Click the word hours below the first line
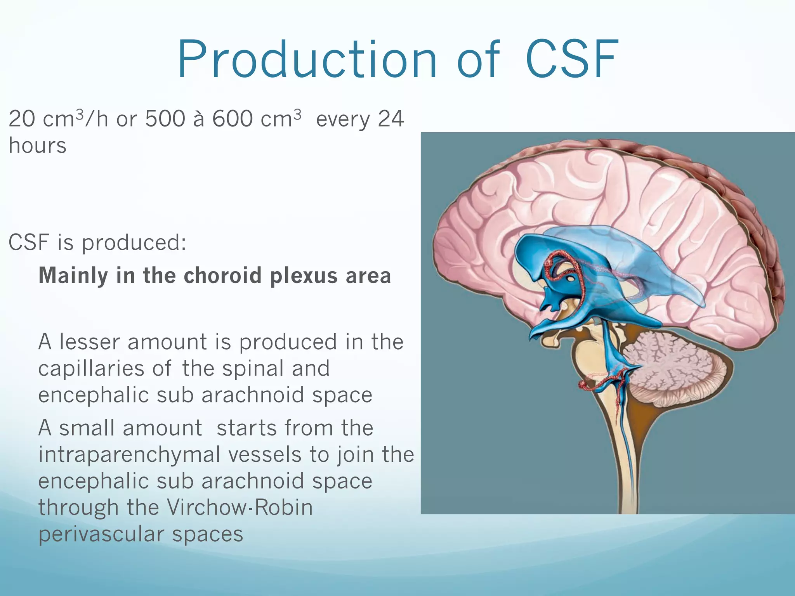tap(38, 146)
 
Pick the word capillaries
tap(91, 369)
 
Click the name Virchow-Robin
tap(240, 507)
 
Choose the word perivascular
tap(101, 534)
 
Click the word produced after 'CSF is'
tap(134, 243)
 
